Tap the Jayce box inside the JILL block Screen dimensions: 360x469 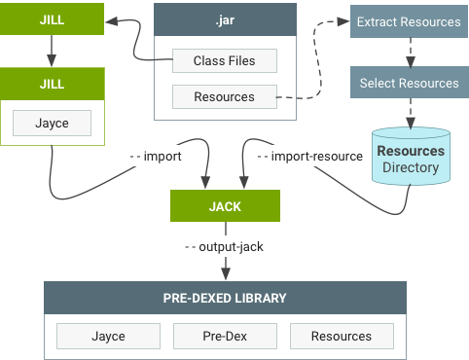(x=53, y=123)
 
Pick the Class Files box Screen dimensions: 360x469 (x=225, y=60)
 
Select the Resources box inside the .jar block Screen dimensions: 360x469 (x=225, y=96)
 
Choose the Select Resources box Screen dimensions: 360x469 (x=409, y=83)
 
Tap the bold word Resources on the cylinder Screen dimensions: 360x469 (x=411, y=151)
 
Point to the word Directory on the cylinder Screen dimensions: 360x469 (x=411, y=167)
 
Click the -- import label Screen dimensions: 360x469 (x=167, y=156)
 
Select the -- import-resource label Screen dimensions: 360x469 (x=310, y=156)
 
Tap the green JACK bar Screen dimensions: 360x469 (x=225, y=207)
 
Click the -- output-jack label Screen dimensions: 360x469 (x=225, y=246)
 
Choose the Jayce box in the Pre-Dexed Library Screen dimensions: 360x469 (x=108, y=336)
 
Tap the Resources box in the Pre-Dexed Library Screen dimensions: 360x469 (x=342, y=336)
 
